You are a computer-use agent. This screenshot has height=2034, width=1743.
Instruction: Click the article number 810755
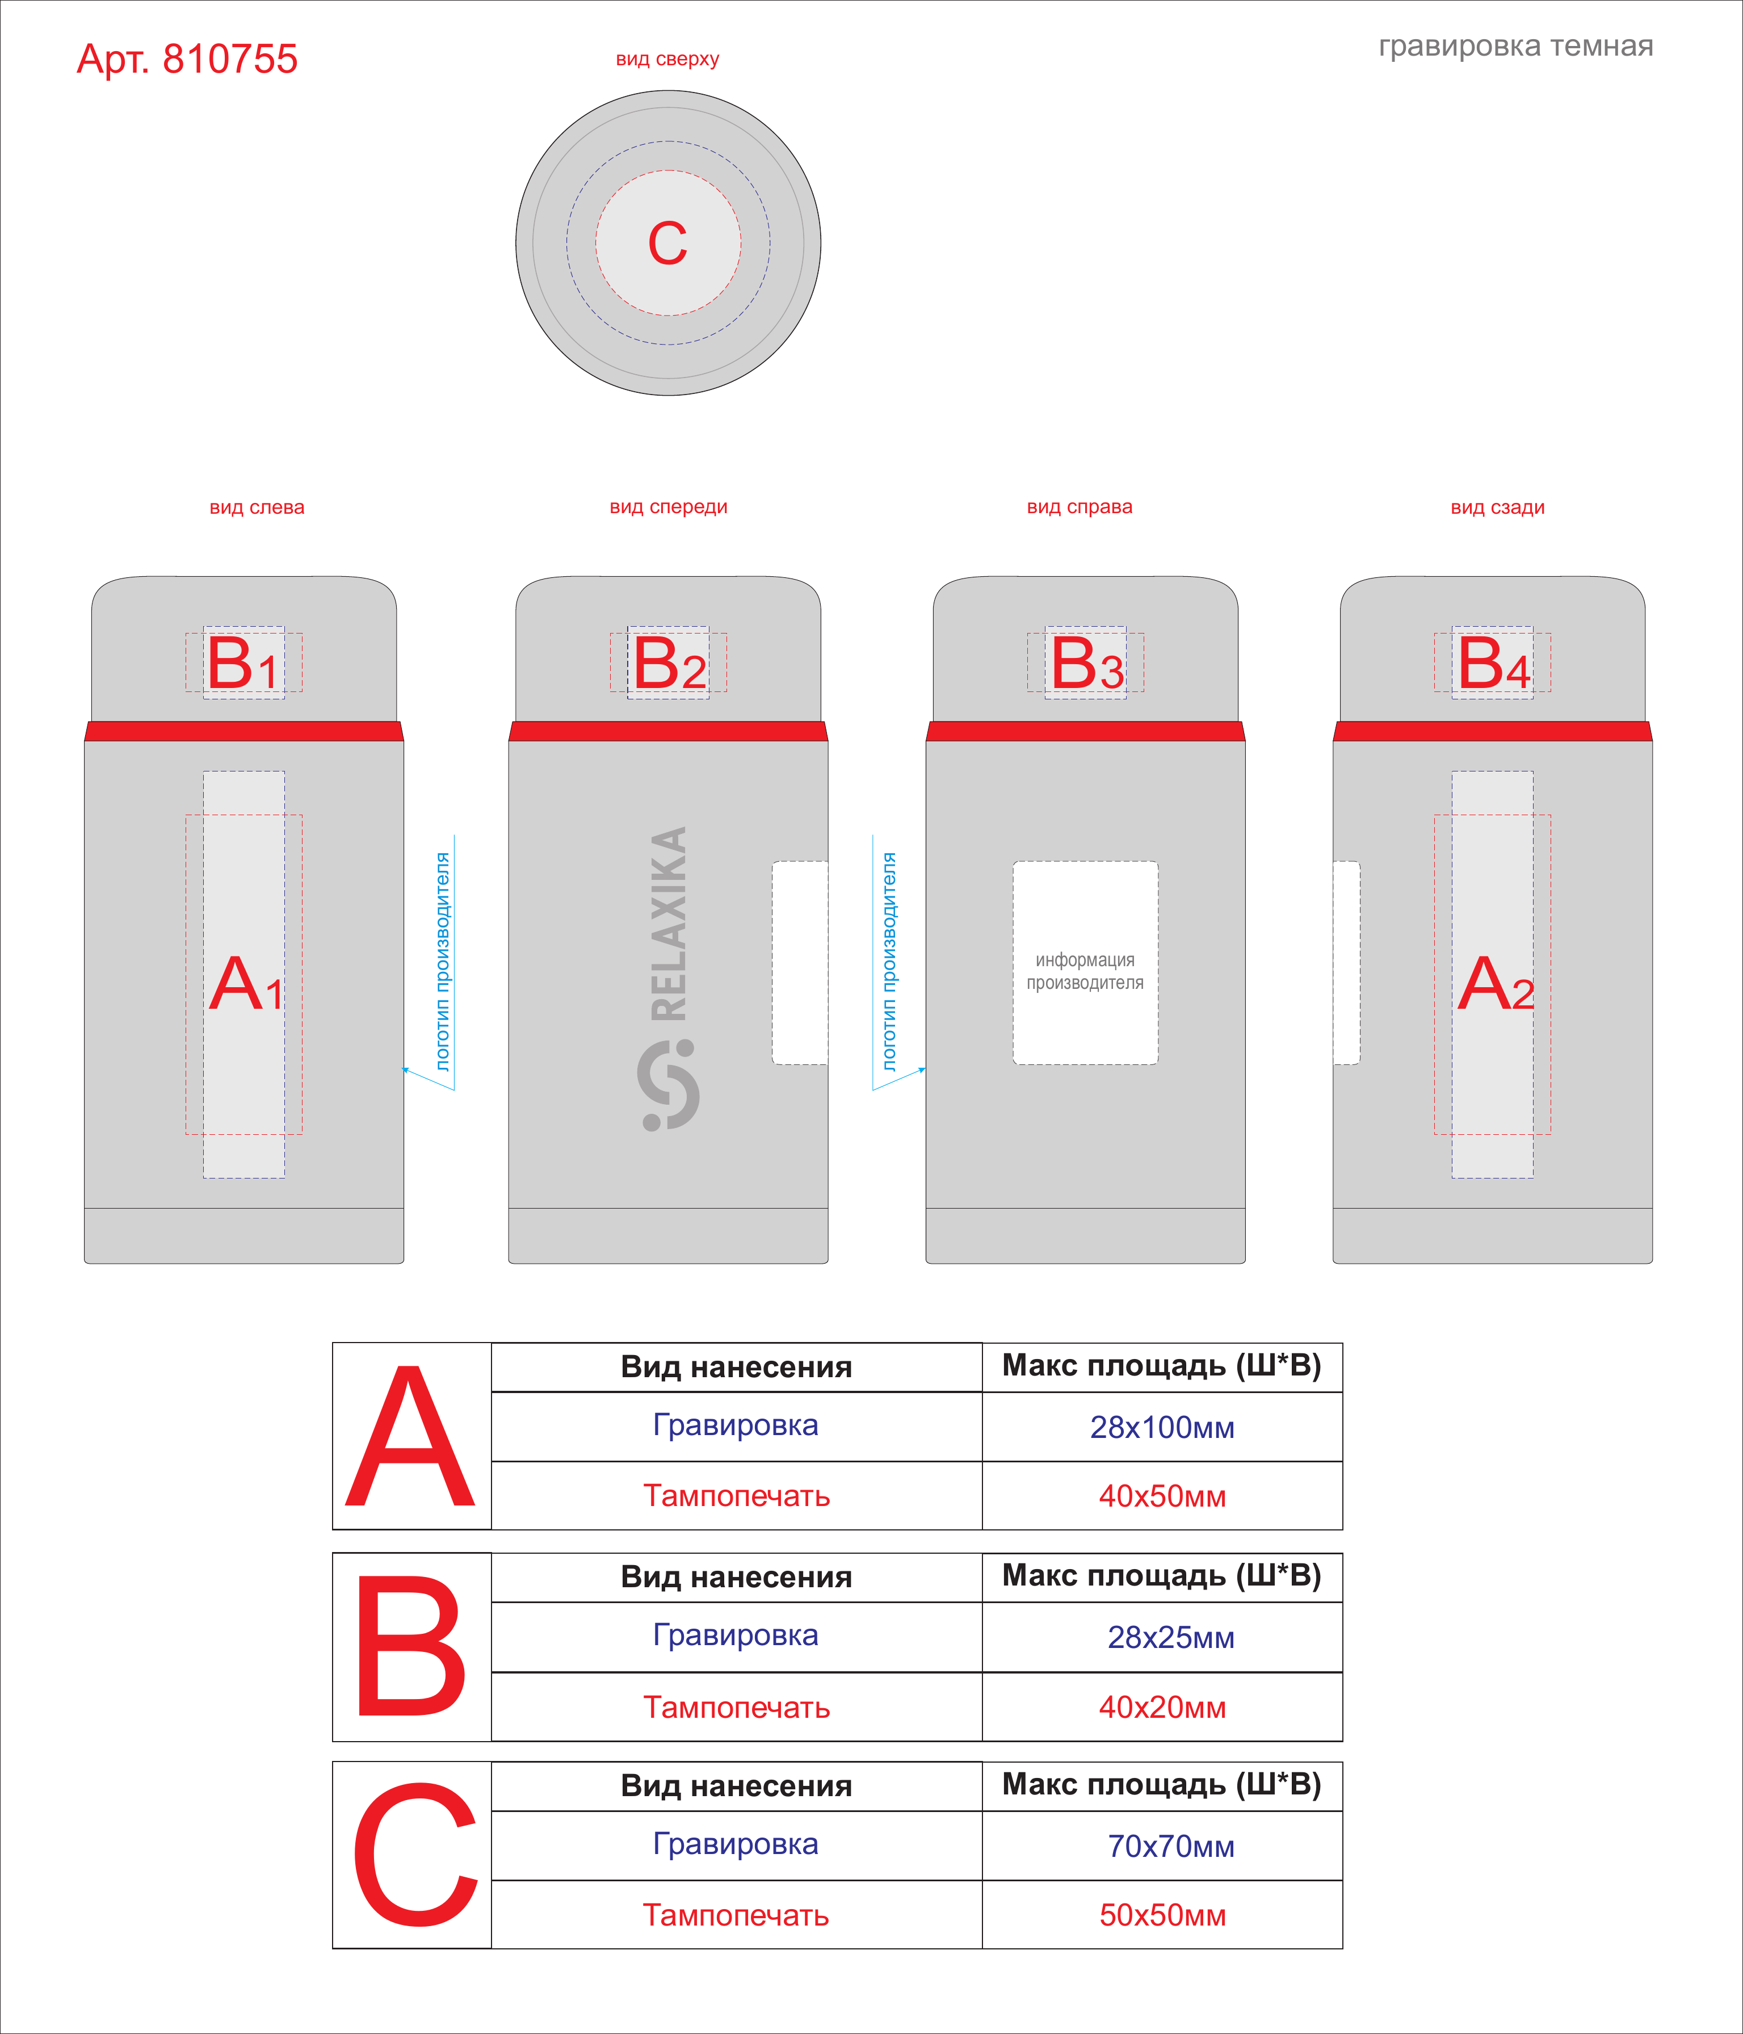pyautogui.click(x=230, y=59)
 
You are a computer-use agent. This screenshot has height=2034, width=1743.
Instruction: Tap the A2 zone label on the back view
pyautogui.click(x=1496, y=984)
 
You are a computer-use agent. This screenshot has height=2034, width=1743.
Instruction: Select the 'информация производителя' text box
pyautogui.click(x=1085, y=963)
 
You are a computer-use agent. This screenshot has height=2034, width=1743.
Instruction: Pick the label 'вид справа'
pyautogui.click(x=1080, y=508)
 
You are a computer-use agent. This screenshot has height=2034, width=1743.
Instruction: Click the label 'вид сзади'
pyautogui.click(x=1498, y=508)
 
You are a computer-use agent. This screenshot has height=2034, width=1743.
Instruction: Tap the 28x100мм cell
pyautogui.click(x=1162, y=1427)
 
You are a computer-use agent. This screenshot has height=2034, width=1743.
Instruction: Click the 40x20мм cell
pyautogui.click(x=1162, y=1707)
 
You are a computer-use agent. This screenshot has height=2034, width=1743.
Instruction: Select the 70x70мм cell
pyautogui.click(x=1162, y=1847)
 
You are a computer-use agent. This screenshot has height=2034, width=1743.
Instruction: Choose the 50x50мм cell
pyautogui.click(x=1162, y=1915)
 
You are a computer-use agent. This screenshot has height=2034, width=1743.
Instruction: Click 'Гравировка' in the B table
pyautogui.click(x=736, y=1635)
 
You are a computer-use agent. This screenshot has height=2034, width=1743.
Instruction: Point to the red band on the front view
pyautogui.click(x=669, y=731)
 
